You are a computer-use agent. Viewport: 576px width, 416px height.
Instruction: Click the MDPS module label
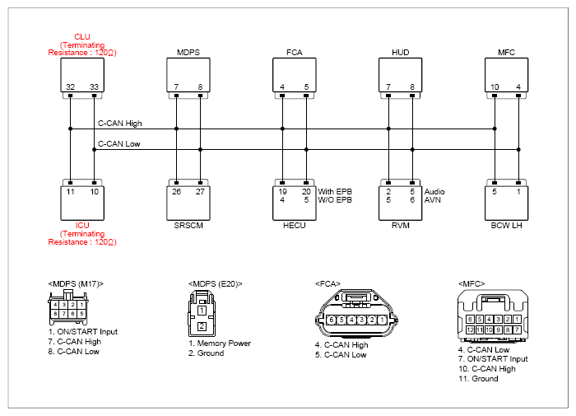(188, 52)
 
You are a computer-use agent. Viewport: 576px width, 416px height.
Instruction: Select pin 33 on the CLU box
(94, 86)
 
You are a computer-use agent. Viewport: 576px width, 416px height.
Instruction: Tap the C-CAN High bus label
(120, 124)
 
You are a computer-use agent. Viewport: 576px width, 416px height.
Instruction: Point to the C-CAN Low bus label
(119, 144)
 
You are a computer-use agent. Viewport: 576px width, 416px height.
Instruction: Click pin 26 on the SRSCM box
(176, 192)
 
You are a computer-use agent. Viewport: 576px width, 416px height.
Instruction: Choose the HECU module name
(295, 226)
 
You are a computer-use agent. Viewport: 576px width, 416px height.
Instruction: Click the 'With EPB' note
(335, 192)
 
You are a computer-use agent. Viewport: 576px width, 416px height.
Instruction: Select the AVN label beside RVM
(432, 200)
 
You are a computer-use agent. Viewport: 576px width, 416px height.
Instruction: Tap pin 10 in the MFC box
(495, 86)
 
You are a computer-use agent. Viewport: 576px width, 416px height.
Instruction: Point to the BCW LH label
(506, 226)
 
